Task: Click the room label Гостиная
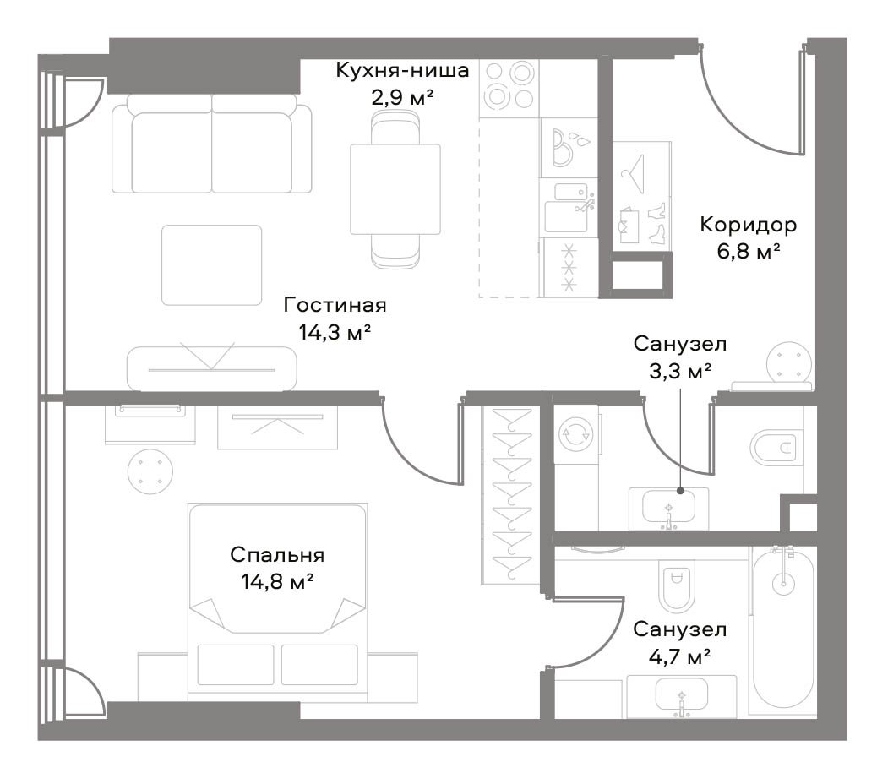pos(335,305)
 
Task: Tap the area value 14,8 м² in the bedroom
pos(277,582)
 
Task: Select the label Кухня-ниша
pos(402,70)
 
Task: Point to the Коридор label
pos(749,225)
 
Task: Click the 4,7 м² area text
pos(679,656)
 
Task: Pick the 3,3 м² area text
pos(679,371)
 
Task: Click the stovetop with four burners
pos(509,87)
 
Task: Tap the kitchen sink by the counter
pos(568,208)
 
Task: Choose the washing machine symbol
pos(576,434)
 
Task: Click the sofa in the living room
pos(211,144)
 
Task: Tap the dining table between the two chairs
pos(395,189)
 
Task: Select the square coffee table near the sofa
pos(212,265)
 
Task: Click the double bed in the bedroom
pos(278,602)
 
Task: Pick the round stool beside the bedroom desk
pos(150,471)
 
